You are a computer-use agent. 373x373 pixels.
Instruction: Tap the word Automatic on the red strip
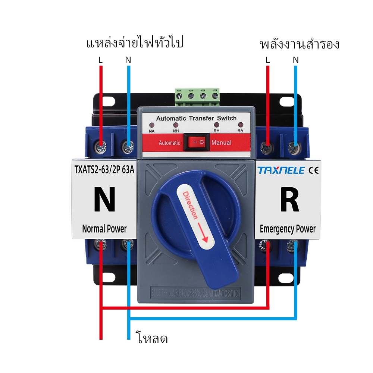point(169,143)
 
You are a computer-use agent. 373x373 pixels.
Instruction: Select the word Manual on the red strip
point(221,142)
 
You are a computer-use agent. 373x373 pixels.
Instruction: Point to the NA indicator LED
point(152,125)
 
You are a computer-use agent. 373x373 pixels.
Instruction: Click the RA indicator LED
point(240,125)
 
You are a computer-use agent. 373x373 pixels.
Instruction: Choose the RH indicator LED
point(216,125)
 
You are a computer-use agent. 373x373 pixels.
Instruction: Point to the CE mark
point(313,170)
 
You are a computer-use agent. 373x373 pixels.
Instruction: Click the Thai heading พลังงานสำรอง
point(299,44)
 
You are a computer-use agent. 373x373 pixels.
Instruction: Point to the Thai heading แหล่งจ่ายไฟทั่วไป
point(135,43)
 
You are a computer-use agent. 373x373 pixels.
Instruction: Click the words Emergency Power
point(287,229)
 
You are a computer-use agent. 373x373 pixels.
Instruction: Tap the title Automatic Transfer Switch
point(196,118)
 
